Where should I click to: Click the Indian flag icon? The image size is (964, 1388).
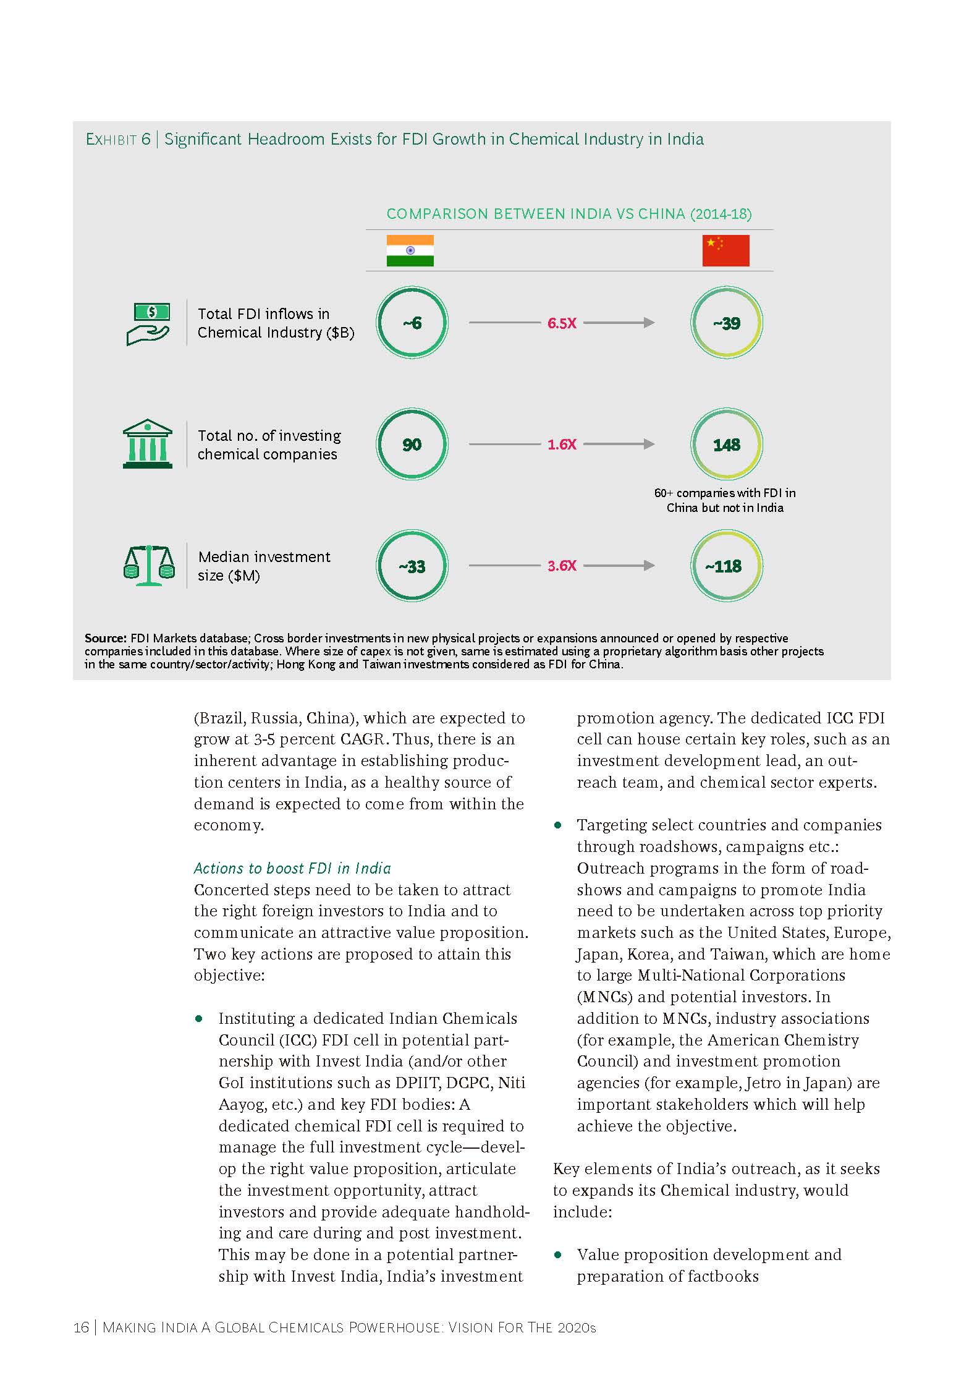(410, 250)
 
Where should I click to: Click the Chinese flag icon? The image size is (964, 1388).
(725, 250)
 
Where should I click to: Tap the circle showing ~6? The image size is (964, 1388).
(412, 323)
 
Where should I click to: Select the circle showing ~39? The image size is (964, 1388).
(726, 323)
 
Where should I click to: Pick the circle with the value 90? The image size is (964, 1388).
(412, 445)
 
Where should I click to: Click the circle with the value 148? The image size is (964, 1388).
(726, 445)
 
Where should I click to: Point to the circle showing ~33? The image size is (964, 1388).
(412, 566)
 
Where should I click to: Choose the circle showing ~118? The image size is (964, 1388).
(726, 566)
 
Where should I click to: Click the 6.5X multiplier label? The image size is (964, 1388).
(562, 323)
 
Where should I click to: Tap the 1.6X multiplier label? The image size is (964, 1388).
(562, 445)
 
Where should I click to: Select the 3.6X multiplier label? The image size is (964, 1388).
(562, 566)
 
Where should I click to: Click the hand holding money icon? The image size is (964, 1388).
(148, 324)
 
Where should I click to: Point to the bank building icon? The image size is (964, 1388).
(148, 444)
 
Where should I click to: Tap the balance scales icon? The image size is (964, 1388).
(149, 565)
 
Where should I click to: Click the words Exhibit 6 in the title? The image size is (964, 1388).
(118, 140)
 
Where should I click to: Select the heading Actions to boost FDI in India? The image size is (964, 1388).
(292, 868)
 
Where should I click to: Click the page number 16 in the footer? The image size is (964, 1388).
(80, 1327)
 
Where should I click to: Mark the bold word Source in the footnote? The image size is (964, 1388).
(105, 638)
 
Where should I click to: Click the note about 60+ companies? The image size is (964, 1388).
(725, 500)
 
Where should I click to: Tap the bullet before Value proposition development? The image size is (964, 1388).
(558, 1254)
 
